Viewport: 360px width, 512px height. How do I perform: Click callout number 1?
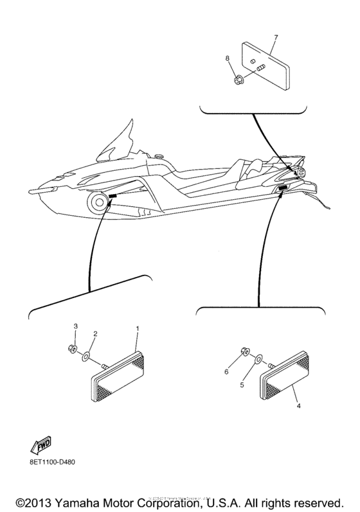137,328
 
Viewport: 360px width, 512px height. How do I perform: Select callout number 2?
95,334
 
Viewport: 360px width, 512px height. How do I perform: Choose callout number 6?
226,371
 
